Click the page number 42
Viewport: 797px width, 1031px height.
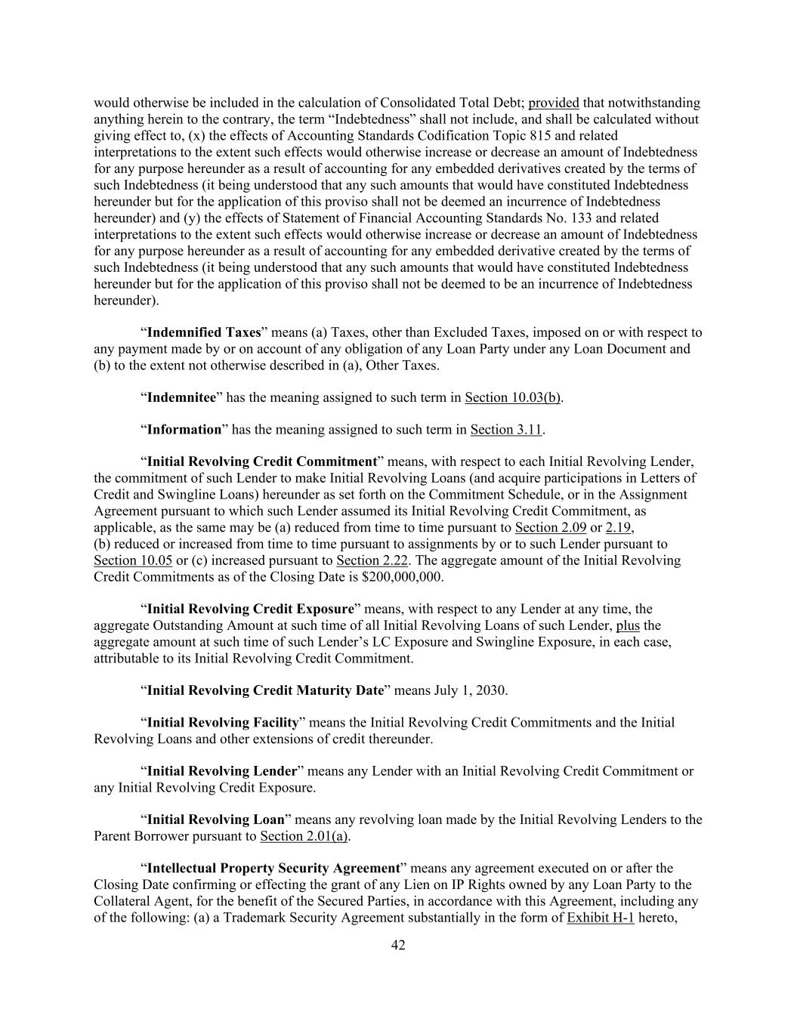pyautogui.click(x=398, y=945)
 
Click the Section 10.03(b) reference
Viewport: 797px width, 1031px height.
pyautogui.click(x=513, y=397)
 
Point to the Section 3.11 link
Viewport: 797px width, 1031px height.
pyautogui.click(x=506, y=430)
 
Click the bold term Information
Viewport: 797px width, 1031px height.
pyautogui.click(x=184, y=430)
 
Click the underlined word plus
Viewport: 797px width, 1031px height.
pyautogui.click(x=628, y=625)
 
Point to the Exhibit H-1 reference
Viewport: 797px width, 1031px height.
pyautogui.click(x=600, y=918)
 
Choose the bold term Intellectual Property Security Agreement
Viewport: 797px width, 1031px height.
pyautogui.click(x=273, y=869)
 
